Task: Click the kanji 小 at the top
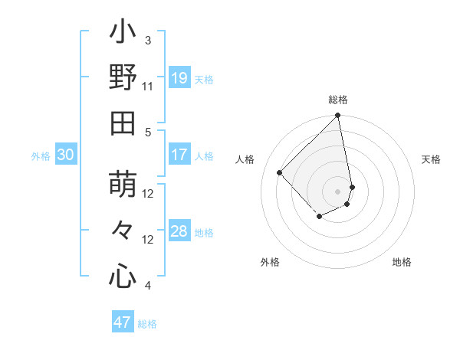click(x=123, y=34)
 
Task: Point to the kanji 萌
click(x=123, y=186)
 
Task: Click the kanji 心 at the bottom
click(x=123, y=275)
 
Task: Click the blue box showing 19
click(x=179, y=78)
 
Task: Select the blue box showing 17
click(x=179, y=155)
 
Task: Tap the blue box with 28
click(x=179, y=231)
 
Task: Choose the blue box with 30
click(x=65, y=155)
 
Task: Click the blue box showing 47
click(x=123, y=322)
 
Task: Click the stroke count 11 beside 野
click(x=148, y=86)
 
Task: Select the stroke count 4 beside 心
click(x=148, y=286)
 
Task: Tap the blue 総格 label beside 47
click(x=147, y=324)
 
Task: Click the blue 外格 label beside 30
click(x=41, y=156)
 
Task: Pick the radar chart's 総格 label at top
click(x=338, y=100)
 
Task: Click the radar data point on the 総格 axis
click(x=338, y=116)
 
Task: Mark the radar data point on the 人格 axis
click(x=280, y=172)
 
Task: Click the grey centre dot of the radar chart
click(x=338, y=191)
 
